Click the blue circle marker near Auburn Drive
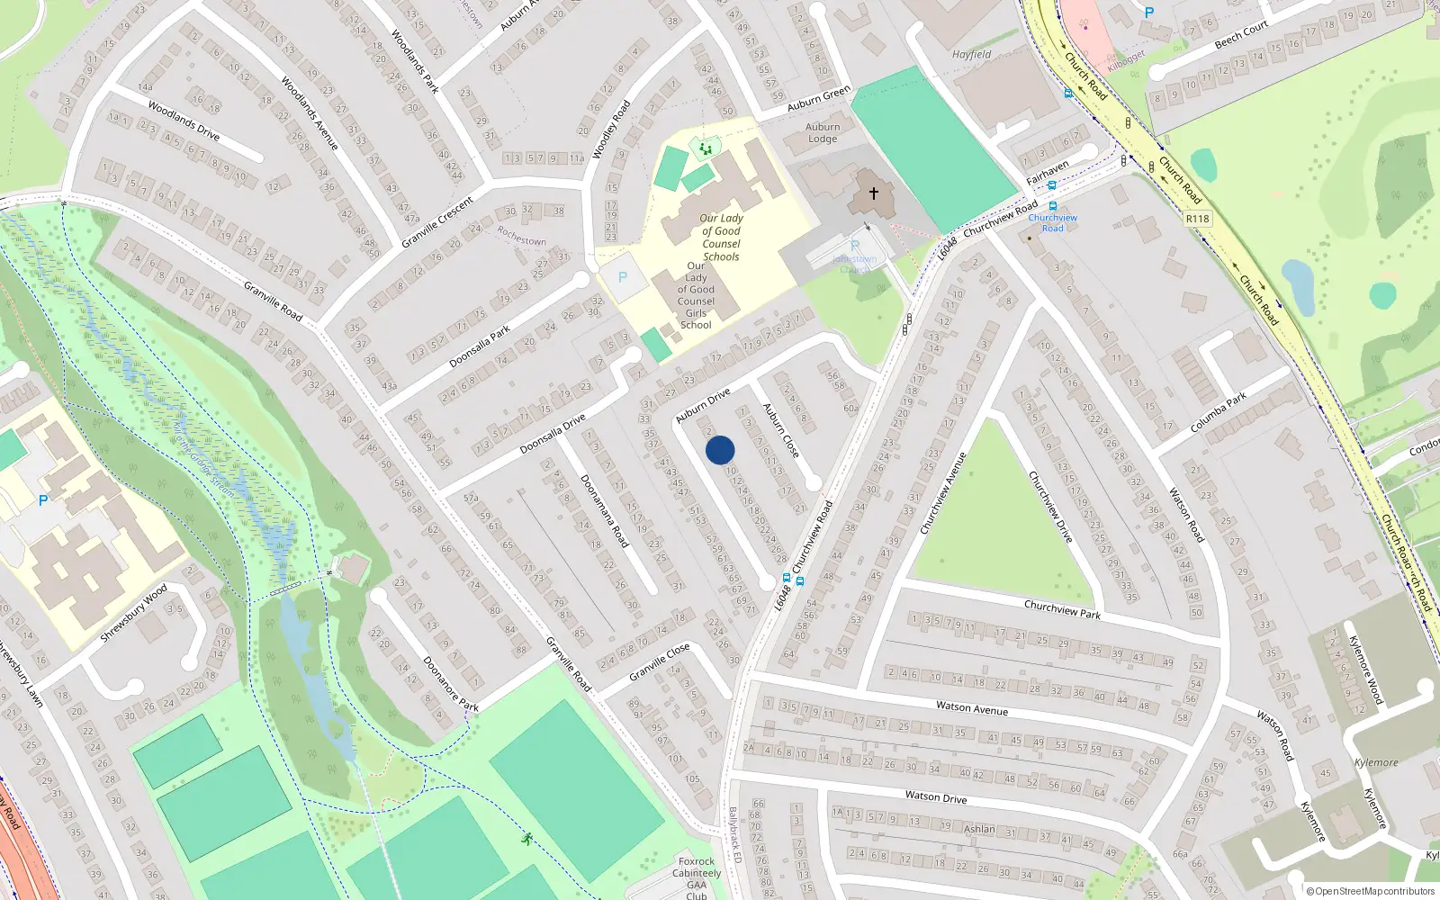tap(720, 450)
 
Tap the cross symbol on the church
tap(873, 193)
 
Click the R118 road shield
tap(1197, 219)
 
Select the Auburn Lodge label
tap(823, 133)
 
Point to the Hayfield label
tap(972, 55)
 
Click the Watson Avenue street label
tap(972, 707)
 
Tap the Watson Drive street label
tap(936, 796)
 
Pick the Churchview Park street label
tap(1062, 609)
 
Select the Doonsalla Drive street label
tap(553, 434)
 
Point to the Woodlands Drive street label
tap(184, 121)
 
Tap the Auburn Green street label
tap(819, 98)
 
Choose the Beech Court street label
tap(1241, 35)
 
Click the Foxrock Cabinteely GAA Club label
tap(697, 878)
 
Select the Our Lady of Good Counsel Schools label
tap(721, 238)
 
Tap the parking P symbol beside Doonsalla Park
tap(623, 278)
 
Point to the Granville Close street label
tap(660, 661)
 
